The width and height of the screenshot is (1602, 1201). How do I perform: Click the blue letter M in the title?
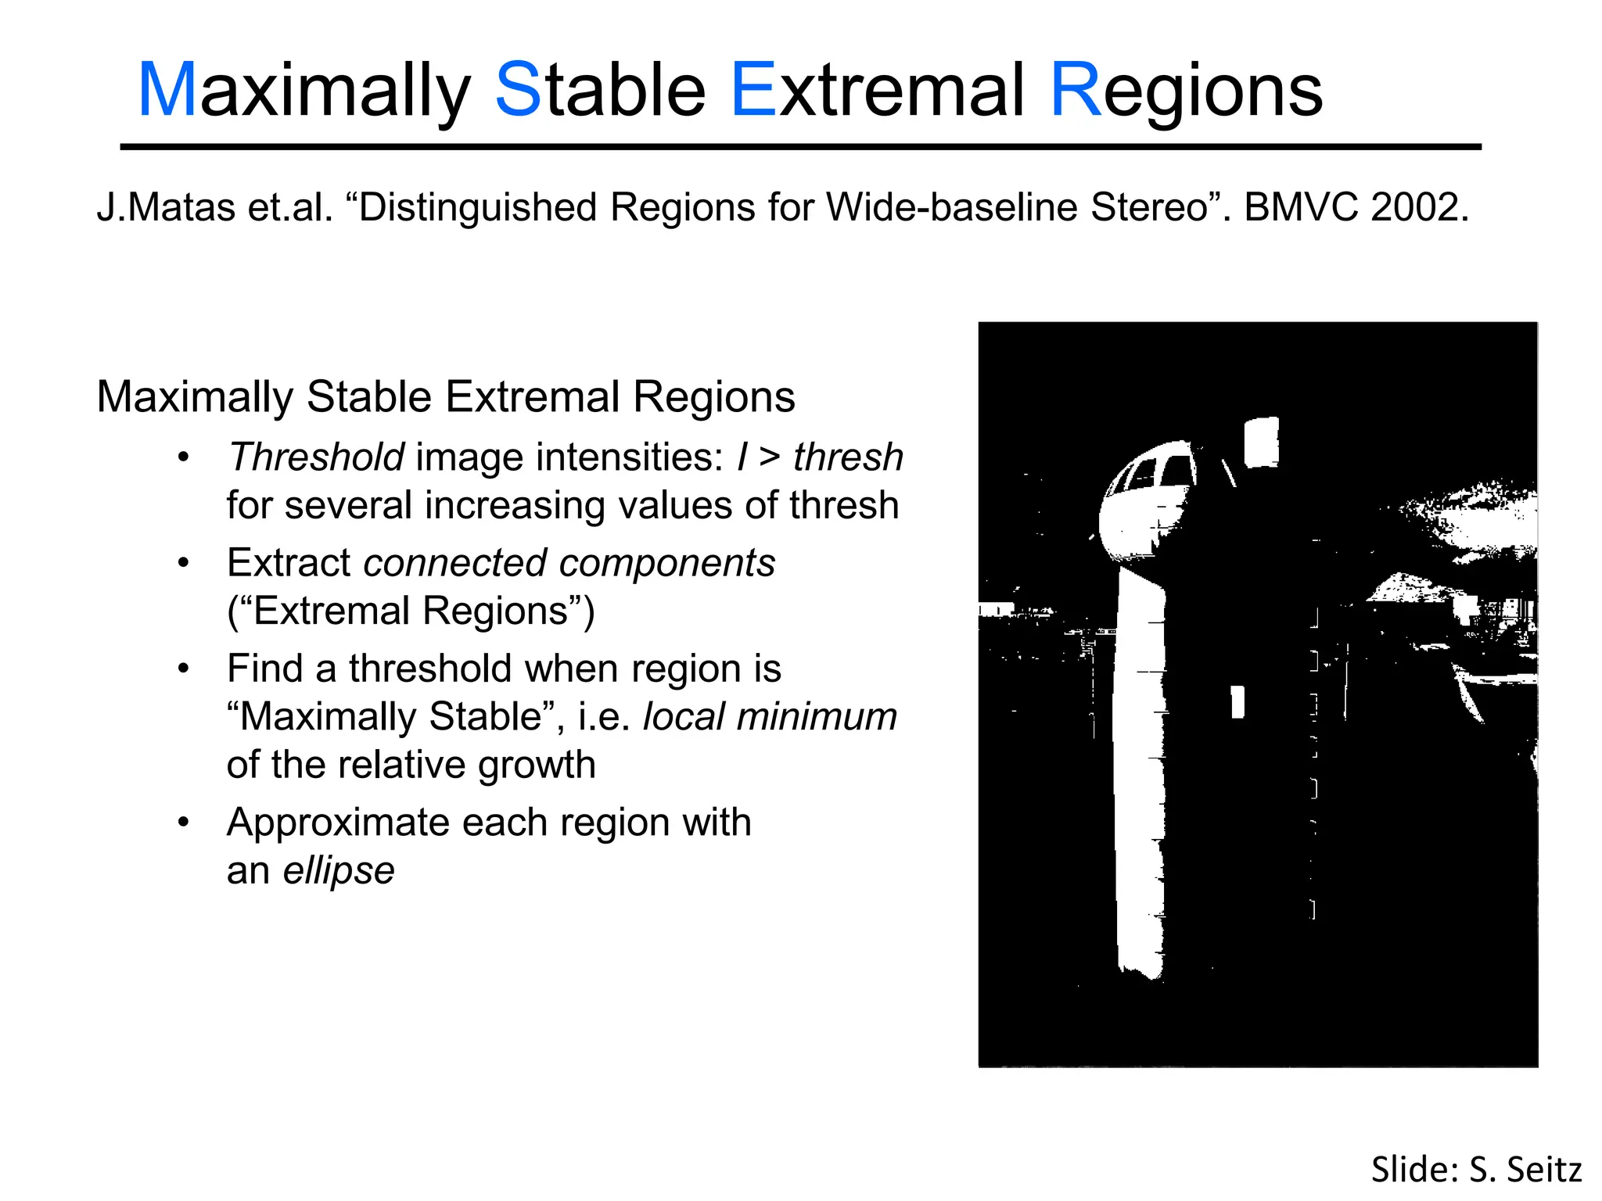(167, 91)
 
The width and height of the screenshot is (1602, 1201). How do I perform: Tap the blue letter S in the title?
(518, 91)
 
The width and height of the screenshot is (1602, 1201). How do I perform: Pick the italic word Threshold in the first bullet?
(316, 457)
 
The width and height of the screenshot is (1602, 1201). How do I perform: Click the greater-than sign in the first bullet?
(770, 457)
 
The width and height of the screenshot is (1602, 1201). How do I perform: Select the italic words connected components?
(569, 563)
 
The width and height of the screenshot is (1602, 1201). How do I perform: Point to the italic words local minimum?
(770, 717)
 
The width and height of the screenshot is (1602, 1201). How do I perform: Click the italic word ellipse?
(338, 870)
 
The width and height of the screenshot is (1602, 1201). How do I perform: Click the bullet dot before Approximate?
(184, 823)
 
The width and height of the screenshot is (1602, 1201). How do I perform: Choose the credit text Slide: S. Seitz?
(1476, 1170)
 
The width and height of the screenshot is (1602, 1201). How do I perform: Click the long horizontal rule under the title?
(800, 147)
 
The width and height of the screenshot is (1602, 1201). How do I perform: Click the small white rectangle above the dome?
(1261, 442)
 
